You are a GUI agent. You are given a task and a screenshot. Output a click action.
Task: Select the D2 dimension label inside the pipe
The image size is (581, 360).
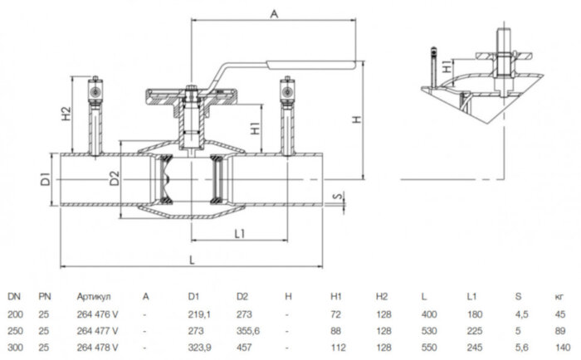(115, 177)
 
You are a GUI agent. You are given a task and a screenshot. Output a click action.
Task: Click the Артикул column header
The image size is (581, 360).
(92, 294)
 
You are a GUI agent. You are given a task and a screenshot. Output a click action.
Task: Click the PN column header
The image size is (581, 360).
(45, 294)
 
